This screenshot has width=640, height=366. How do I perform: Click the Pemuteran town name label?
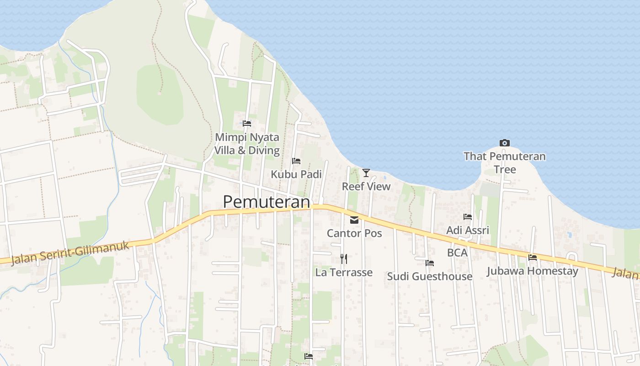(266, 202)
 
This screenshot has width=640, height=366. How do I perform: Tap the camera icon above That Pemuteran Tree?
(505, 143)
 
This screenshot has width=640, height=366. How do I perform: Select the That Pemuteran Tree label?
(505, 162)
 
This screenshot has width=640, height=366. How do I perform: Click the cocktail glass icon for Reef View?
(366, 172)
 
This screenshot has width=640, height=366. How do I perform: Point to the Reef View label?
(366, 186)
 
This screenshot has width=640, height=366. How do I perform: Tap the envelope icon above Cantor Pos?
(354, 220)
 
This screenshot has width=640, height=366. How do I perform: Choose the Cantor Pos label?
(354, 233)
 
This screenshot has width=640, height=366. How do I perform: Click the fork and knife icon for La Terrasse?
(344, 259)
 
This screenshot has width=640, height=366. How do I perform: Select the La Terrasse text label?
(344, 272)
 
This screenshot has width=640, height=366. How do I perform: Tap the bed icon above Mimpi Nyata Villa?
(247, 123)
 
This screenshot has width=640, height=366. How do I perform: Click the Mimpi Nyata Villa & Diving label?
(247, 144)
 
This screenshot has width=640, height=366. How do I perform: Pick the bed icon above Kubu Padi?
(296, 161)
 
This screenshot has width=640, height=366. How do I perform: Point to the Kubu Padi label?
(296, 174)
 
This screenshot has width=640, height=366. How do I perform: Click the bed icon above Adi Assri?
(468, 217)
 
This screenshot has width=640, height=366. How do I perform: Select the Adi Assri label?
(468, 230)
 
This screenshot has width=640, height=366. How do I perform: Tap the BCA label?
(457, 253)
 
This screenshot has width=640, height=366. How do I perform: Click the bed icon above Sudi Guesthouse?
(430, 263)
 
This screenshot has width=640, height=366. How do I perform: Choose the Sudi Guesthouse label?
(430, 276)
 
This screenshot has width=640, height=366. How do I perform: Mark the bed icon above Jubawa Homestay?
(533, 258)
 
